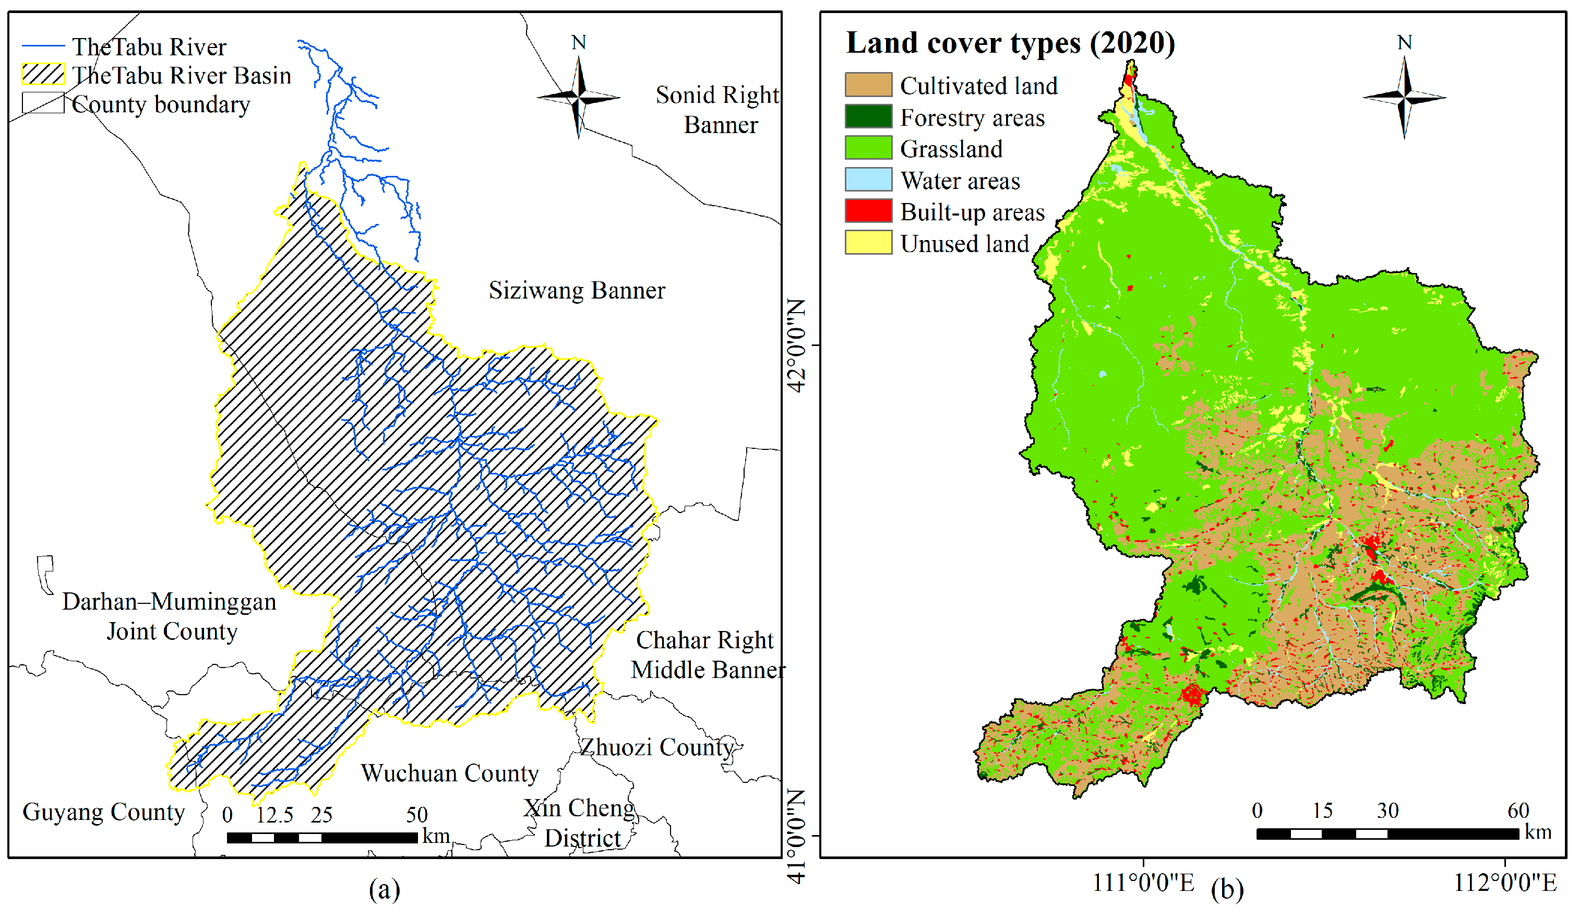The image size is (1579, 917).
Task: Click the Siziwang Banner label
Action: click(x=577, y=291)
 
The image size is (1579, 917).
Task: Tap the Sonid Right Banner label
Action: click(x=718, y=110)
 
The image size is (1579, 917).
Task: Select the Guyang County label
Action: click(x=103, y=812)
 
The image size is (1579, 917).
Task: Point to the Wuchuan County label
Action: click(x=450, y=773)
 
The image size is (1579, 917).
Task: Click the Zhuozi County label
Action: click(x=656, y=747)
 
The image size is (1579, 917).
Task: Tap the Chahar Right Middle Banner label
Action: click(x=707, y=655)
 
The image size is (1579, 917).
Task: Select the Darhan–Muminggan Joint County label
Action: click(x=169, y=617)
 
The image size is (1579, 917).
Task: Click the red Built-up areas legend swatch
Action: click(x=868, y=211)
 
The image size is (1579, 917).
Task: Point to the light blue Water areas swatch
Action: click(x=868, y=179)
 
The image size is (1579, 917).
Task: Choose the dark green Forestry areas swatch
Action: click(x=868, y=116)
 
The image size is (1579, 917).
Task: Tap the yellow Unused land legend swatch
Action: click(x=868, y=243)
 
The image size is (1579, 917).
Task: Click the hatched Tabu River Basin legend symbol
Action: click(x=43, y=75)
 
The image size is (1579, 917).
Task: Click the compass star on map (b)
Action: click(x=1404, y=97)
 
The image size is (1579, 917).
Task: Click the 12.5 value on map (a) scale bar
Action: click(x=274, y=815)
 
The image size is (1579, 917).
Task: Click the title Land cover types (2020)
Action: click(x=1010, y=43)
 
